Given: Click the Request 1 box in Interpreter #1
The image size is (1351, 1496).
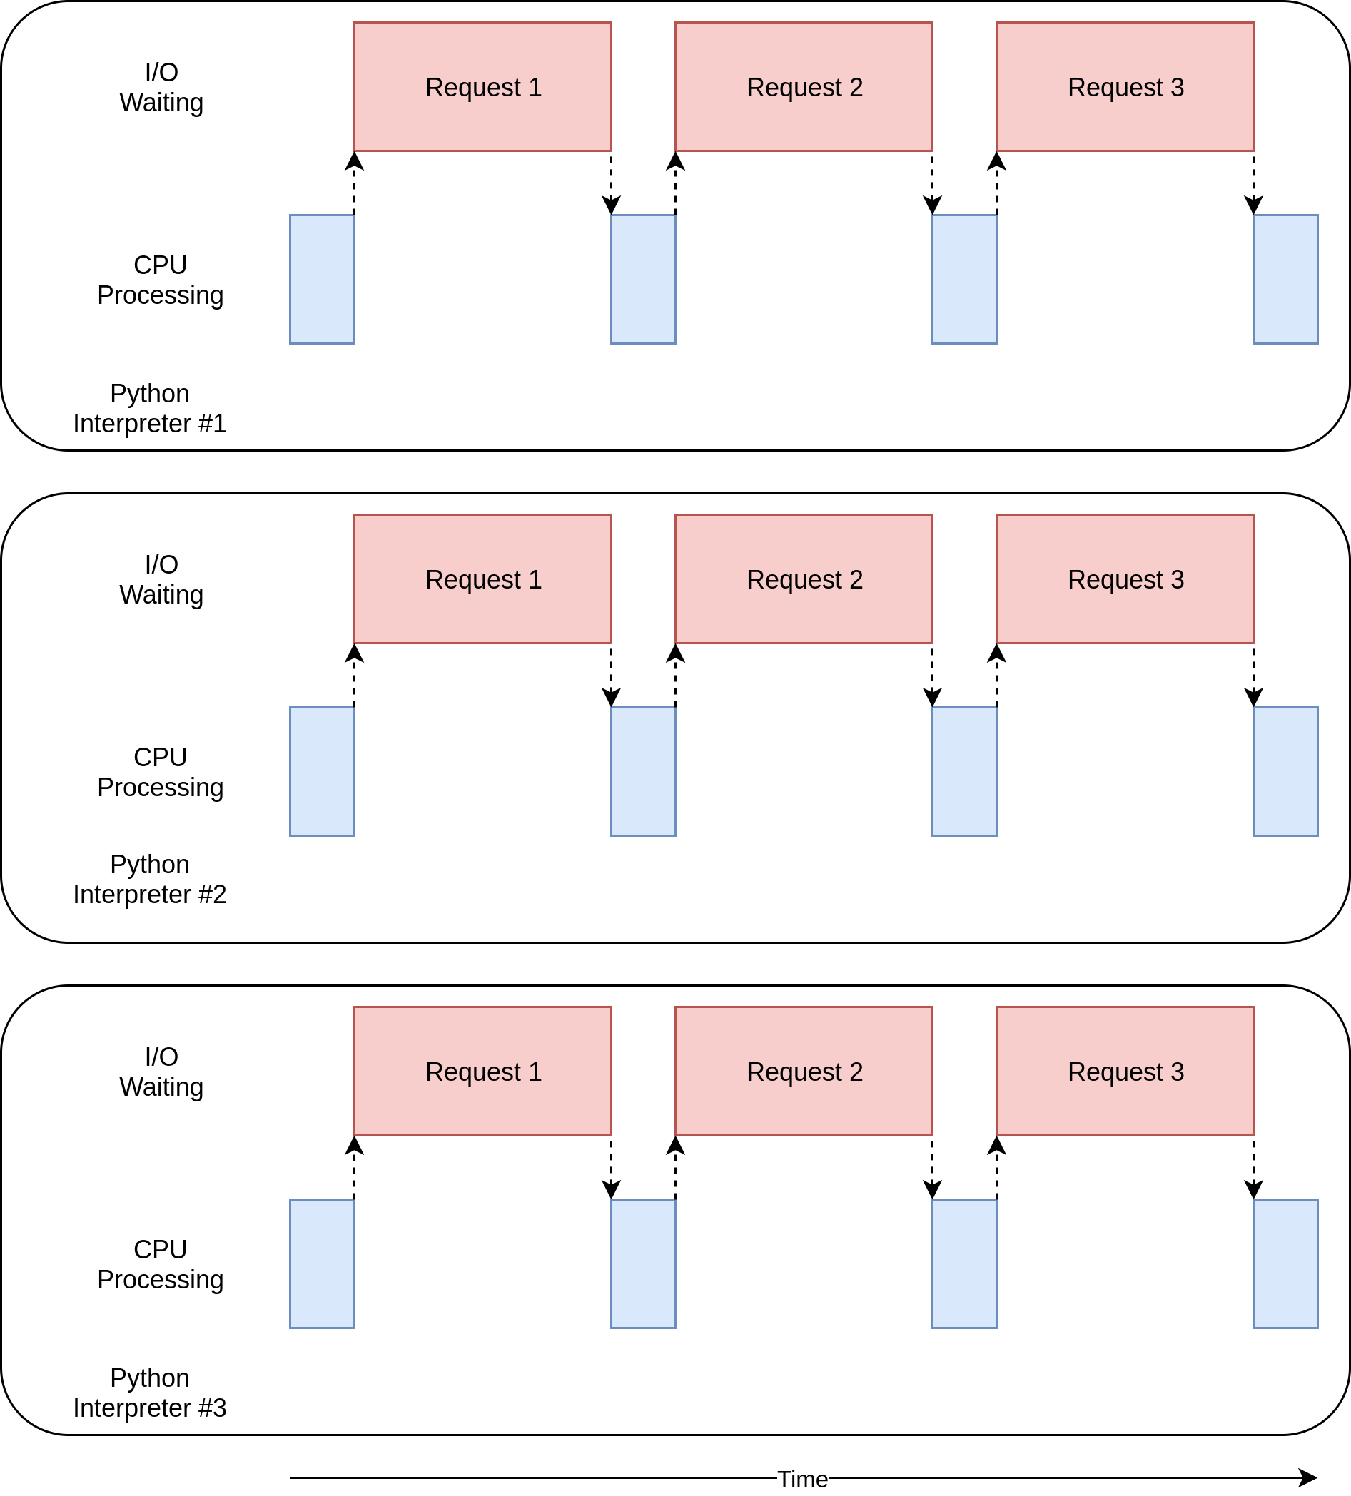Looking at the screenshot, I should (482, 87).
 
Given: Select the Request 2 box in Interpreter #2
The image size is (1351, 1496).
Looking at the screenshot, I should (804, 579).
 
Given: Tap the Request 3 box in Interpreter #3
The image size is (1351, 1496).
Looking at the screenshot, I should (1125, 1071).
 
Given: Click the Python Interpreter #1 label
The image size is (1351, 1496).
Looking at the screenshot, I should (149, 408).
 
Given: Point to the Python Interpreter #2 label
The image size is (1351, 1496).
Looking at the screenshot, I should (149, 880).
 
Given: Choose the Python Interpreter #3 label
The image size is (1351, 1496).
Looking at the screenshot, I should (149, 1393).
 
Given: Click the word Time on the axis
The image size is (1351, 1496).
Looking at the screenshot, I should (802, 1479).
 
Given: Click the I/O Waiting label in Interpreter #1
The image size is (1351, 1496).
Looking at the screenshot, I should (161, 88).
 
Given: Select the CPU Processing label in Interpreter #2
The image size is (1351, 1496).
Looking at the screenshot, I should (161, 772).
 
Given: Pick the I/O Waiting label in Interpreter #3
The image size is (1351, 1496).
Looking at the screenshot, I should (161, 1072).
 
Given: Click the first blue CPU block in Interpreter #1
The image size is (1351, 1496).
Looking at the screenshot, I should (322, 279).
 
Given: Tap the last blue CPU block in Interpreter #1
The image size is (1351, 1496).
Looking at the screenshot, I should (1285, 279).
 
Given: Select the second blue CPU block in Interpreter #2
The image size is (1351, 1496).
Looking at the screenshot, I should (643, 771).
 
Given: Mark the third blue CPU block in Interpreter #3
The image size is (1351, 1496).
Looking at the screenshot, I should (964, 1263).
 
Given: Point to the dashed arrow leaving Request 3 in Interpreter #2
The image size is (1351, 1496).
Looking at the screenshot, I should (1254, 676).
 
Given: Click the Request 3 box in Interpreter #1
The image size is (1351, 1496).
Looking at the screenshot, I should (1125, 87).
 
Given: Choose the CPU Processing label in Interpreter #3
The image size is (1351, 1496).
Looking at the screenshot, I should (161, 1264).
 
